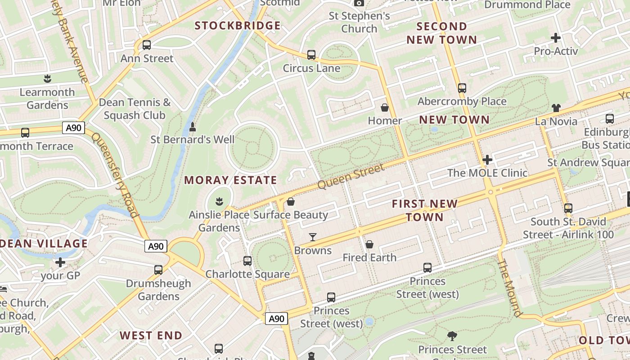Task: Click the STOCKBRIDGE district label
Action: pyautogui.click(x=238, y=26)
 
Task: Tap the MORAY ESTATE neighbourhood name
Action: pyautogui.click(x=230, y=180)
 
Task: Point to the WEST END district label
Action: pyautogui.click(x=151, y=336)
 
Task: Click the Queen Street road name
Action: pyautogui.click(x=351, y=176)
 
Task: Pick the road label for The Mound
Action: pyautogui.click(x=510, y=288)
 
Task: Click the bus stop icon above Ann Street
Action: pyautogui.click(x=147, y=45)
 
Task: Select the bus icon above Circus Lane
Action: pyautogui.click(x=311, y=55)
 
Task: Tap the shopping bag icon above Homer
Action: pyautogui.click(x=385, y=108)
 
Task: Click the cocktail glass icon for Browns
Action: pyautogui.click(x=313, y=237)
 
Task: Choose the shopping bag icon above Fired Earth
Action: pyautogui.click(x=369, y=244)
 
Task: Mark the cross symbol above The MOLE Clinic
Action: pyautogui.click(x=487, y=160)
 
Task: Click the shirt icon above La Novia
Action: pyautogui.click(x=556, y=108)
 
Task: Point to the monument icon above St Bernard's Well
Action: pyautogui.click(x=193, y=127)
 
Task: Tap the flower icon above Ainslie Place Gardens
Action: pyautogui.click(x=220, y=201)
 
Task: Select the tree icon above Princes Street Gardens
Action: pyautogui.click(x=452, y=336)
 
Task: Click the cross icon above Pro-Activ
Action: pyautogui.click(x=556, y=38)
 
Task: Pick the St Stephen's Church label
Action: pyautogui.click(x=359, y=22)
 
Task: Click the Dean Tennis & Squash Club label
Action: pyautogui.click(x=135, y=109)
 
